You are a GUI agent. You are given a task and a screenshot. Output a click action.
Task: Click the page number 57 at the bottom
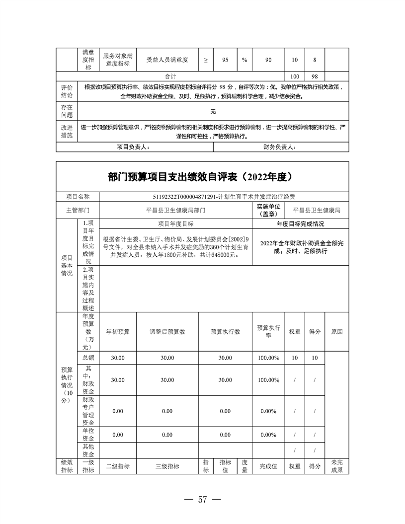pos(202,500)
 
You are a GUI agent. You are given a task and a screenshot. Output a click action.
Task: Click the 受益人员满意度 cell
pos(167,60)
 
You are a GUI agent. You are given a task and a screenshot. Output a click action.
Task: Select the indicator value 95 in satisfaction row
pos(225,60)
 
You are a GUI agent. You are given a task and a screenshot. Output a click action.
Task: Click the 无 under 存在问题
pos(213,111)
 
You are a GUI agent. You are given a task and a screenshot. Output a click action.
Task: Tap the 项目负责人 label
pos(133,147)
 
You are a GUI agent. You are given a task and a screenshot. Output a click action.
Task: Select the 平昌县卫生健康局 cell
pos(317,210)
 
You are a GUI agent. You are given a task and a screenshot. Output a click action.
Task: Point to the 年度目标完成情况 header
pos(300,224)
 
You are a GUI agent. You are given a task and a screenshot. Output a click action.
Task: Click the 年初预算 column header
pos(118,331)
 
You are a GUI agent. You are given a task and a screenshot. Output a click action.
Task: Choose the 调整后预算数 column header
pos(167,331)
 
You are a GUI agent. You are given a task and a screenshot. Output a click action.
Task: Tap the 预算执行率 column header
pos(268,331)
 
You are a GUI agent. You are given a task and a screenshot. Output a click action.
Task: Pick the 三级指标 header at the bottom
pos(167,467)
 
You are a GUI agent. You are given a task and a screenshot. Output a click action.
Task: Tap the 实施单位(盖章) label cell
pos(268,210)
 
